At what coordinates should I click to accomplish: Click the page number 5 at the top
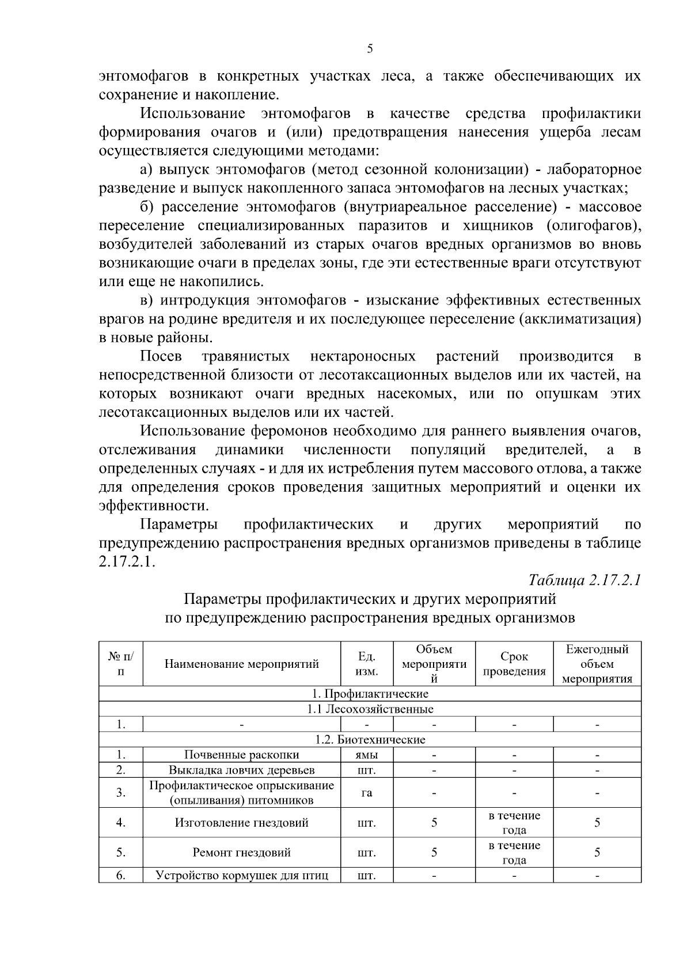click(x=370, y=49)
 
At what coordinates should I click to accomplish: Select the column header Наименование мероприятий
click(x=241, y=664)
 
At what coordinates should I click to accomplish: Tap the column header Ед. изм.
click(x=367, y=664)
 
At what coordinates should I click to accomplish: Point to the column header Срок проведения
click(x=514, y=664)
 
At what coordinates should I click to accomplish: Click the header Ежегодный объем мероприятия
click(x=597, y=664)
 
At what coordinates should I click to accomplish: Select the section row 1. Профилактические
click(x=370, y=694)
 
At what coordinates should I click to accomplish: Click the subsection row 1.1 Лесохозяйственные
click(x=370, y=709)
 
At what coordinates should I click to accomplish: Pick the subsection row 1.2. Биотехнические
click(x=370, y=739)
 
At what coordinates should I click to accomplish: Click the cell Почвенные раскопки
click(x=241, y=755)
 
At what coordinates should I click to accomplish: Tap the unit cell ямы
click(x=367, y=755)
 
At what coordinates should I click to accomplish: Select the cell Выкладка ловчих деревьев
click(x=241, y=770)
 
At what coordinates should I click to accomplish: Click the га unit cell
click(x=367, y=793)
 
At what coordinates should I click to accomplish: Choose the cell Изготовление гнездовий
click(x=241, y=823)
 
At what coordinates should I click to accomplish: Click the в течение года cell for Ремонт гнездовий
click(x=514, y=853)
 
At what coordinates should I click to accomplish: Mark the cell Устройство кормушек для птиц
click(x=241, y=876)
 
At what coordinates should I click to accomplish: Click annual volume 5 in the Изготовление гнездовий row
click(x=597, y=823)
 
